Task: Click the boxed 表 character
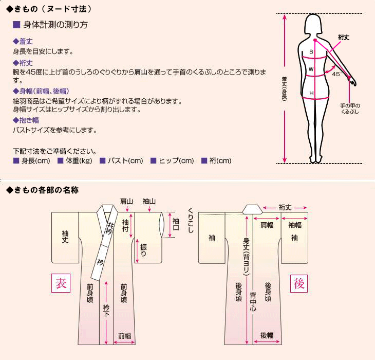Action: tap(61, 282)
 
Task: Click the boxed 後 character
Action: tap(299, 282)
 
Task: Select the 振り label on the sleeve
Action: tap(143, 249)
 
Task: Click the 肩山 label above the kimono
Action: tap(127, 201)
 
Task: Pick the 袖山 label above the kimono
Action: tap(149, 201)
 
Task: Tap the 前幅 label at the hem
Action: tap(125, 336)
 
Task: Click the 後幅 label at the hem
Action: tap(267, 336)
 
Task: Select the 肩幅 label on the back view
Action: tap(267, 225)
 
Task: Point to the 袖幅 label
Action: tap(295, 225)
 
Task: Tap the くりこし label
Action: tap(191, 220)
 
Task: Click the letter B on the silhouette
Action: tap(311, 52)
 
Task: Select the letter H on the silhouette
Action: tap(311, 93)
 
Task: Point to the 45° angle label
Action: tap(336, 74)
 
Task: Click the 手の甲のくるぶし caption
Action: tap(350, 108)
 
